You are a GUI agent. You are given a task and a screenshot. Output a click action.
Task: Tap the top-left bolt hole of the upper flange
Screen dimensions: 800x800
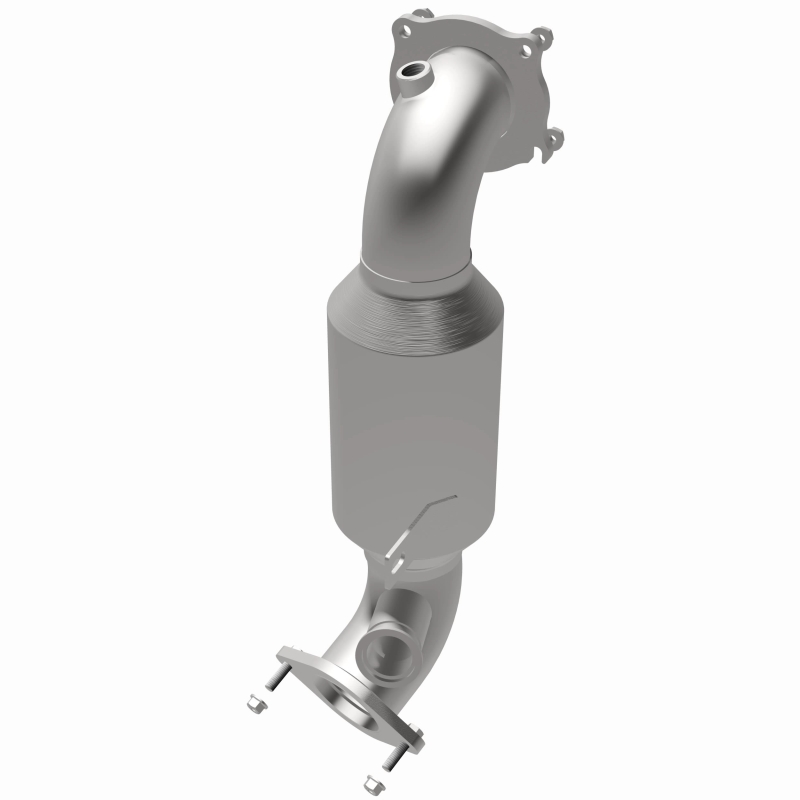point(407,31)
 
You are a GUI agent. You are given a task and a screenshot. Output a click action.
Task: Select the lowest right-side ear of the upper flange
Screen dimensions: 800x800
point(556,139)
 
